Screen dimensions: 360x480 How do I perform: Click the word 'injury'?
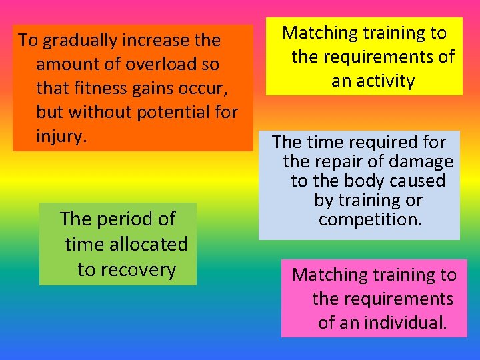[x=60, y=137]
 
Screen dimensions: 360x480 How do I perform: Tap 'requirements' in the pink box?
[x=403, y=299]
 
